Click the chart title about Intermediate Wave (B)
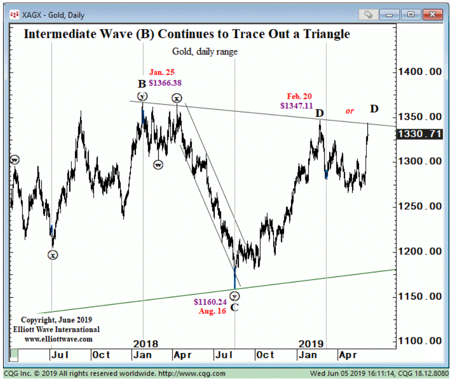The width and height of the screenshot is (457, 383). point(187,34)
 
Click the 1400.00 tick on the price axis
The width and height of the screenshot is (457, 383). point(420,72)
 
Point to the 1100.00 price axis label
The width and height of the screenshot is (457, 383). point(420,341)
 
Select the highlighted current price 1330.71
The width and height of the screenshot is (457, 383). point(419,135)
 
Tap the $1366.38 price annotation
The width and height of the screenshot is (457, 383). point(165,83)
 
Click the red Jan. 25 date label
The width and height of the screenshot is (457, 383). point(162,73)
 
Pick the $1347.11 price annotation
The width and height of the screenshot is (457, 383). point(297,106)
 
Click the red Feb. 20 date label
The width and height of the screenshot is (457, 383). point(299,96)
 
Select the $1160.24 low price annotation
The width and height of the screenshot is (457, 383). point(210,302)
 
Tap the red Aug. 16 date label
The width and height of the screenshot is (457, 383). point(212,311)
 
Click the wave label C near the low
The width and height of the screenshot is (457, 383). point(235,308)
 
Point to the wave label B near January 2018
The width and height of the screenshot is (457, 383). point(142,84)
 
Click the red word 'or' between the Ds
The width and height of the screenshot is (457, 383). point(350,111)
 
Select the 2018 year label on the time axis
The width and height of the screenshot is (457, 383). point(146,344)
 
